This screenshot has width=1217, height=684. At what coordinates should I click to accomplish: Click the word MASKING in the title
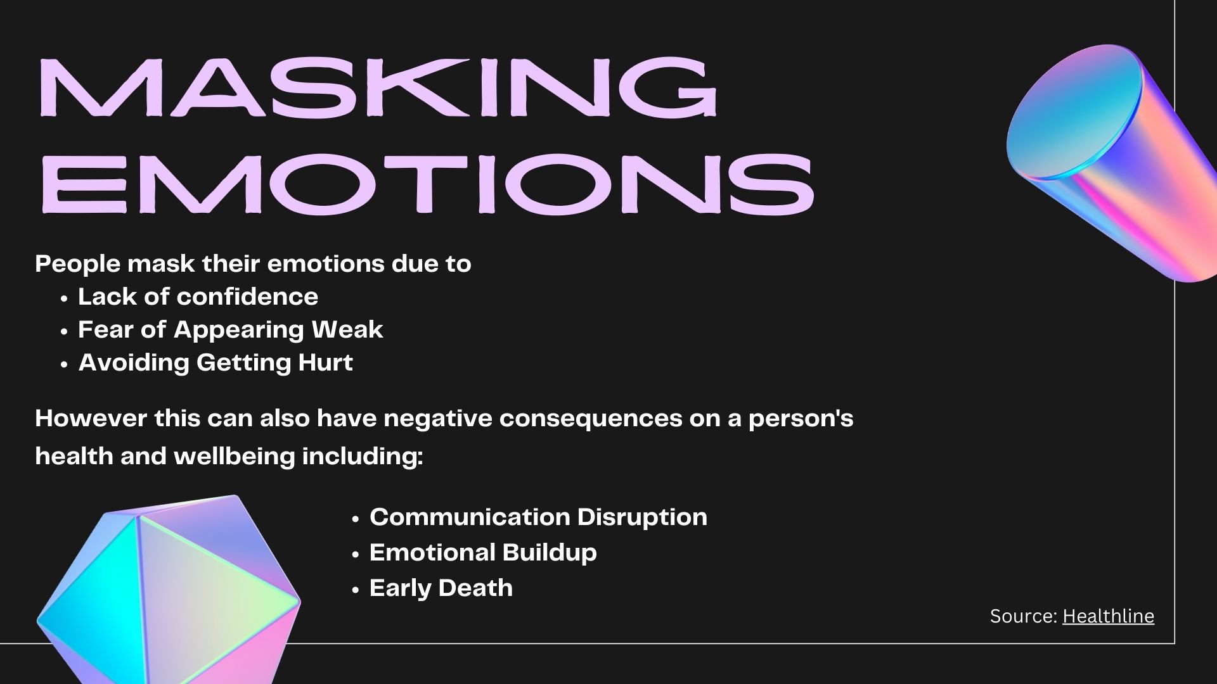coord(378,87)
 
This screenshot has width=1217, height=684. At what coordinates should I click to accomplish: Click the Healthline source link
coord(1108,616)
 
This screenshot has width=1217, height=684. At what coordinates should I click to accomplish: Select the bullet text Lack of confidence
coord(198,296)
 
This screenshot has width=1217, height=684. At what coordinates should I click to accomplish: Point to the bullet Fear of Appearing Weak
coord(231,330)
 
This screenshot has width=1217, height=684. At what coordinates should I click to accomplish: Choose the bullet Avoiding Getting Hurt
coord(216,363)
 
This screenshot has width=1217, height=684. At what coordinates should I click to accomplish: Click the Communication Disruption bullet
coord(538,517)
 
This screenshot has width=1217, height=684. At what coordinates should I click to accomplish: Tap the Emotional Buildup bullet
coord(483,553)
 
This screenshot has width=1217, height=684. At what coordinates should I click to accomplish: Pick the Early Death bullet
coord(441,588)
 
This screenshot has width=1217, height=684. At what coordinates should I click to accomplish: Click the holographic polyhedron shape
coord(169,589)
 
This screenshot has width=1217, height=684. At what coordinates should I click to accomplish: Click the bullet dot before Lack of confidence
coord(64,299)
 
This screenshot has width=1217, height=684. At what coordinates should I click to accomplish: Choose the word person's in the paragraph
coord(801,419)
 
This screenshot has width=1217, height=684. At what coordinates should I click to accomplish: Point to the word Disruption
coord(642,517)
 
